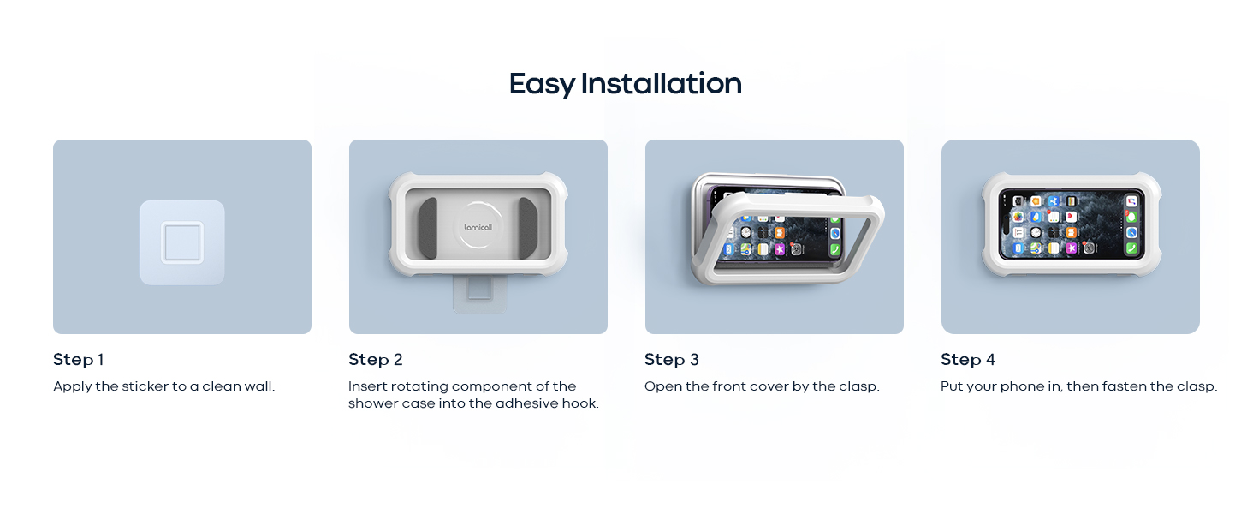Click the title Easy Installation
coord(625,84)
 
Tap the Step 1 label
coord(78,360)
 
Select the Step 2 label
coord(375,360)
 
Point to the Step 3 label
coord(671,360)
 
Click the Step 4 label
coord(967,360)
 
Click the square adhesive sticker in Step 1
coord(182,242)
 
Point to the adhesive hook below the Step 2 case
coord(478,296)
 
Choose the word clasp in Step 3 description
coord(858,386)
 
